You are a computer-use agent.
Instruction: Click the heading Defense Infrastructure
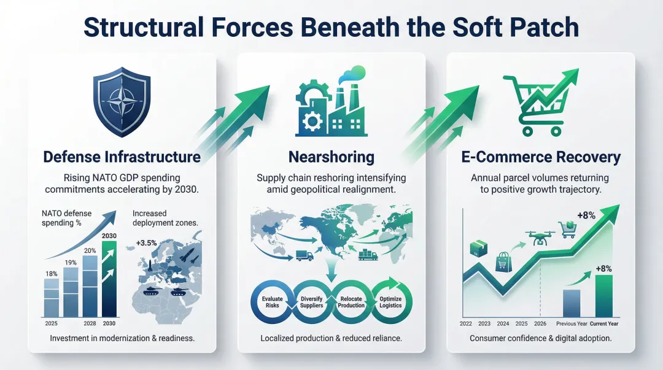122,157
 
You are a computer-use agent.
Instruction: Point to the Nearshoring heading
331,157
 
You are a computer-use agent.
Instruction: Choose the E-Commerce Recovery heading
540,157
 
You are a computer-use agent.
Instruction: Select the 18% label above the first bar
52,272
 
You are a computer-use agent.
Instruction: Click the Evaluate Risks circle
272,301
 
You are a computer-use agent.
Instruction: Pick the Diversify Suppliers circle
312,301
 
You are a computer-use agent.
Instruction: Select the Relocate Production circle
352,301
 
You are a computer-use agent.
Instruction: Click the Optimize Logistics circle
391,301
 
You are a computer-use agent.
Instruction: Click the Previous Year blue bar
572,303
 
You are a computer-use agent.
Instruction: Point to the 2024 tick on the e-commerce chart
503,323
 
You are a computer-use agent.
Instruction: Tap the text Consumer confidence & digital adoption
540,338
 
